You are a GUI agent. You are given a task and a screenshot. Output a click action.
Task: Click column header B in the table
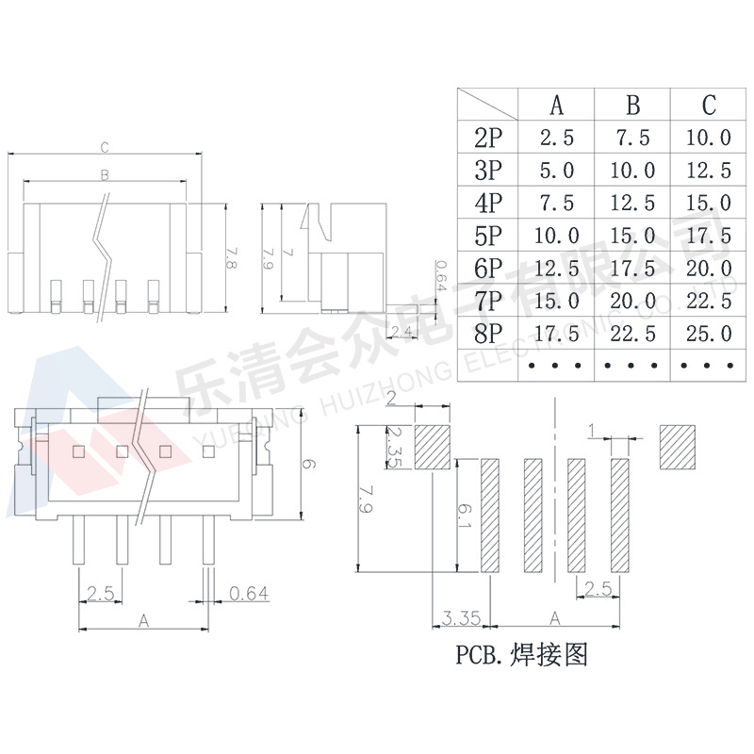click(x=632, y=104)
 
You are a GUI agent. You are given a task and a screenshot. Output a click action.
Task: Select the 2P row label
click(x=488, y=138)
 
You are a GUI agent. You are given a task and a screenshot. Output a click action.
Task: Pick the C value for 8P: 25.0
click(x=709, y=333)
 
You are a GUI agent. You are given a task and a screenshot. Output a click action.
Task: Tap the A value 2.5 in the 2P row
click(x=557, y=138)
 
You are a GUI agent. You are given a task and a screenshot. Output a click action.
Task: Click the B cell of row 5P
click(x=632, y=235)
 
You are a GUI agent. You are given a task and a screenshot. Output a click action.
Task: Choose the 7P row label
click(x=488, y=301)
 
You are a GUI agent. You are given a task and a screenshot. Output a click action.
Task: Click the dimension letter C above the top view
click(x=106, y=147)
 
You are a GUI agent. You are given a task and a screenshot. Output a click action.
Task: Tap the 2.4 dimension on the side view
click(x=400, y=331)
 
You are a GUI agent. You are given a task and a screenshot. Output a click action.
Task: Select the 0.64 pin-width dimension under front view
click(x=249, y=593)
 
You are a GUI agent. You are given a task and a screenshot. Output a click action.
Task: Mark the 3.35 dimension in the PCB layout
click(x=461, y=618)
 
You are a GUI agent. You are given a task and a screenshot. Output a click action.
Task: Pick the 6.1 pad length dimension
click(x=466, y=514)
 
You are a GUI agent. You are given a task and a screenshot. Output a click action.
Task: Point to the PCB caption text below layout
click(x=521, y=654)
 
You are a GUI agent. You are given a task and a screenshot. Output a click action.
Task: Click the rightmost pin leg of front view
click(x=207, y=545)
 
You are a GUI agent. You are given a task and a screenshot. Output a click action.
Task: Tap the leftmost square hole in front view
click(x=78, y=451)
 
